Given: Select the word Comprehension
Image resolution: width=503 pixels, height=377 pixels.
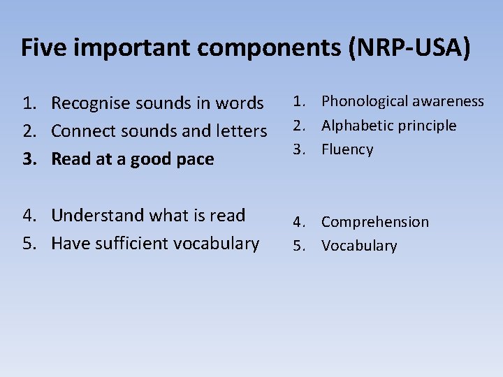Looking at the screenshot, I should tap(375, 223).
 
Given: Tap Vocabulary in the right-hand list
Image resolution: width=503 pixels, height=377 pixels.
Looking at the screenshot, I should tap(359, 246).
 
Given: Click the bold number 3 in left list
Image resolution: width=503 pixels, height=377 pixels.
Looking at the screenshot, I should tap(27, 160).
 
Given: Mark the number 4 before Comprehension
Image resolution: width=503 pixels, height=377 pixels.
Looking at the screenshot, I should tap(298, 222).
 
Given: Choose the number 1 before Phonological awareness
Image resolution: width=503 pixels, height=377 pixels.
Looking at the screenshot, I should tap(298, 102).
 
